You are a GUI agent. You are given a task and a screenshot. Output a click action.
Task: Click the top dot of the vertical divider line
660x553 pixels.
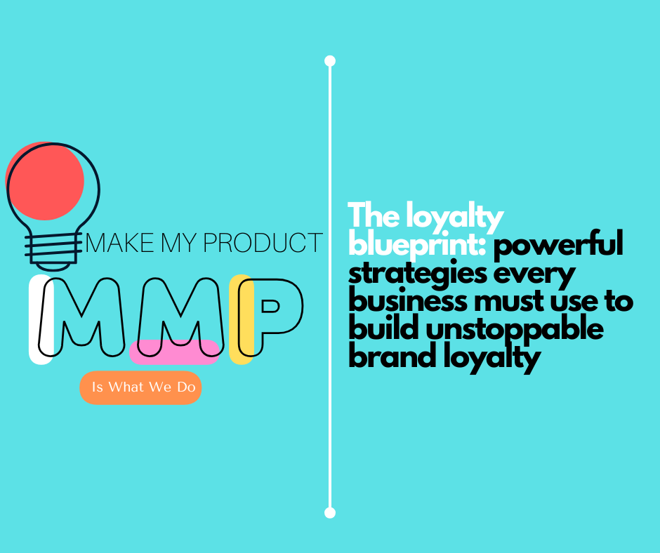pyautogui.click(x=330, y=61)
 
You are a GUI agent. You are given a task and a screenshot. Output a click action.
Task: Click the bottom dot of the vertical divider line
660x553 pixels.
pyautogui.click(x=330, y=512)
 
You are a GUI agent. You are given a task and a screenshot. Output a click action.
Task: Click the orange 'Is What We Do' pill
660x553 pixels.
pyautogui.click(x=141, y=387)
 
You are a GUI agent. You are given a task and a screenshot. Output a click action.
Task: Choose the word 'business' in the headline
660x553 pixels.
pyautogui.click(x=407, y=302)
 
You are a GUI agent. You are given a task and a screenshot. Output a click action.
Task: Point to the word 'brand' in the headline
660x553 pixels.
pyautogui.click(x=390, y=357)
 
